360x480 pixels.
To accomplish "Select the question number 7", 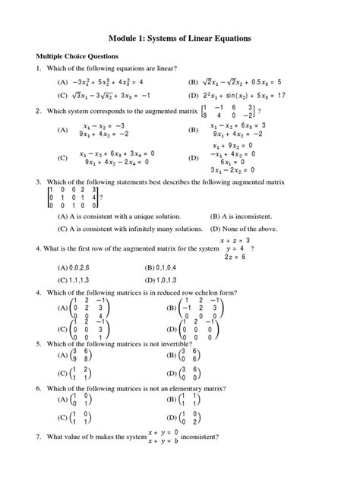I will tap(39, 437).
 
